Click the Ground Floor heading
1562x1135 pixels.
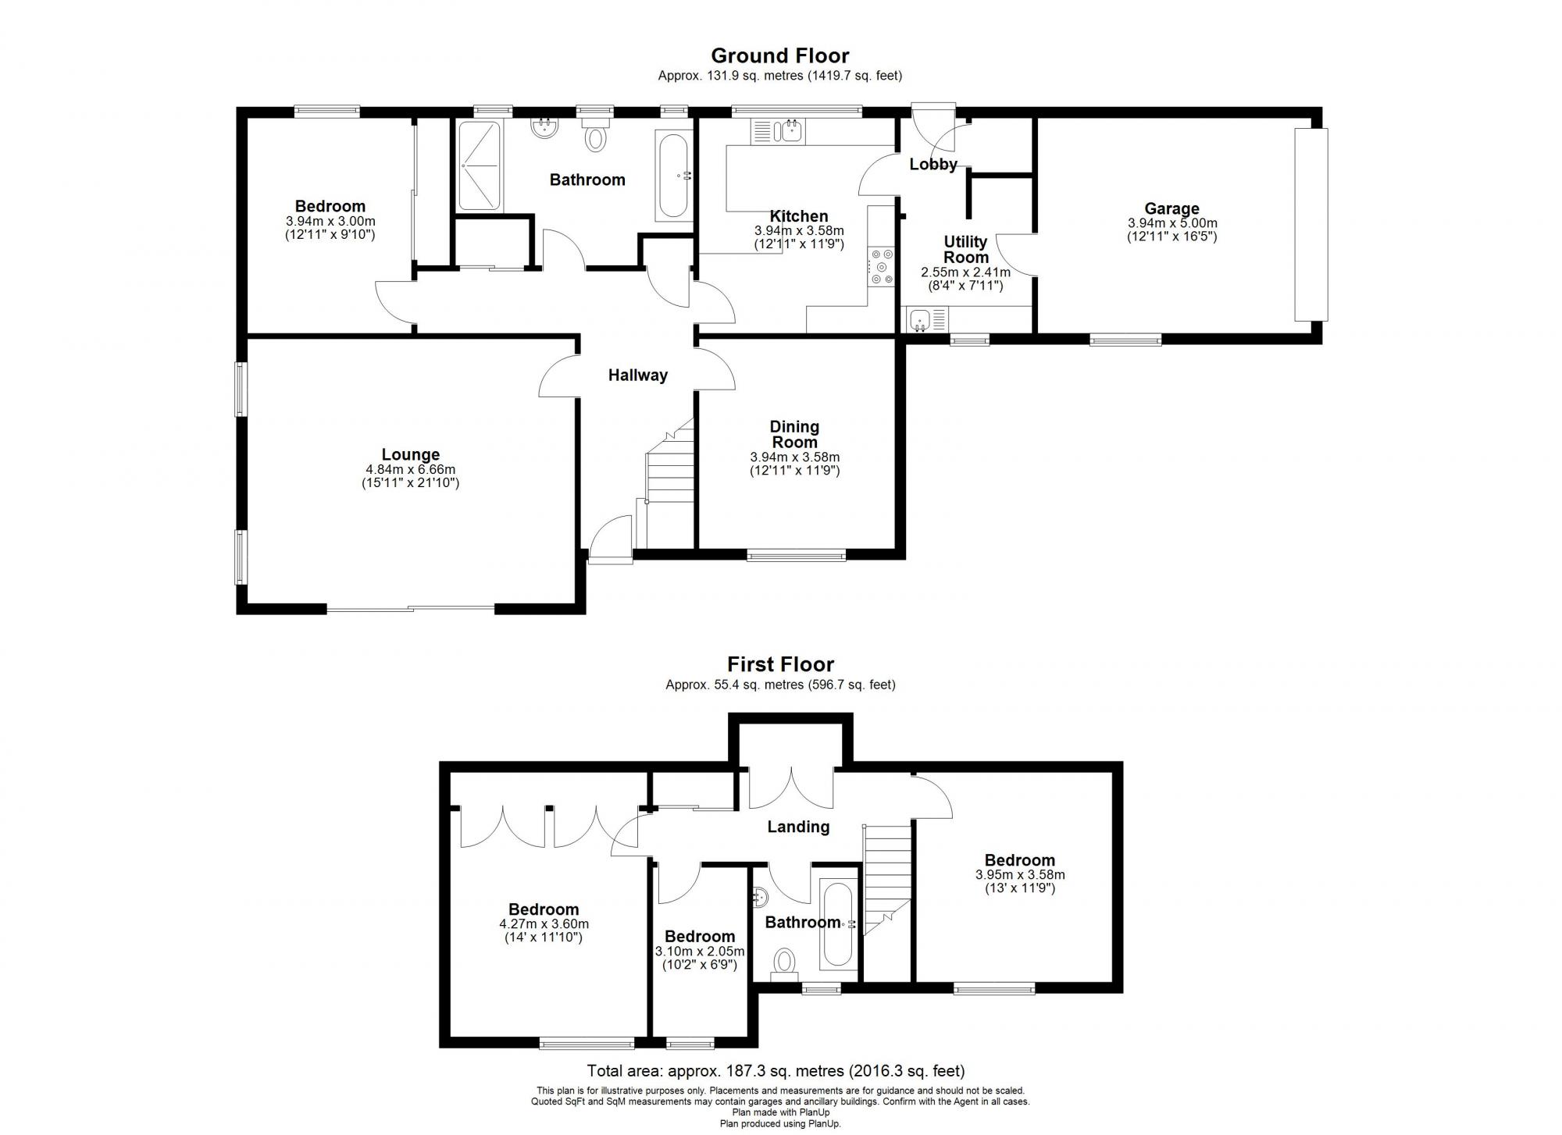(779, 55)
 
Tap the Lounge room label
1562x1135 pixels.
(410, 454)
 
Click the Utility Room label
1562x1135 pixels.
(965, 249)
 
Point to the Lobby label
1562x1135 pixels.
(933, 164)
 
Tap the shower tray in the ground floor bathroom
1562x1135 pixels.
(478, 165)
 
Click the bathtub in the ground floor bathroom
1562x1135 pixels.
(672, 176)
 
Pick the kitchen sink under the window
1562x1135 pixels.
(788, 130)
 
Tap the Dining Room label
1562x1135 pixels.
(794, 434)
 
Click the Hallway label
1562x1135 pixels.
(638, 375)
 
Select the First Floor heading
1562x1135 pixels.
(780, 664)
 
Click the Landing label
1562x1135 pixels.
(797, 827)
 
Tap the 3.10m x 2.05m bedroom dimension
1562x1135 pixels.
(700, 952)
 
